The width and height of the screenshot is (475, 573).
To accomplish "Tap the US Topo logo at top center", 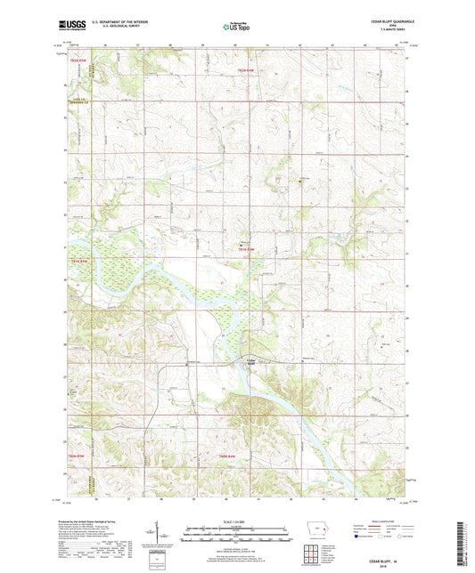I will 236,28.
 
